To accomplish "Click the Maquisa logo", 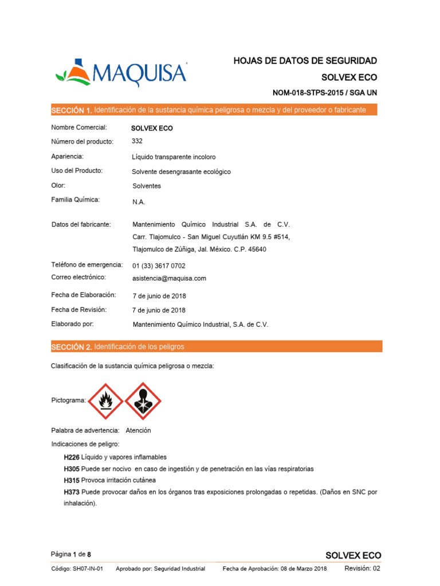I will (x=121, y=73).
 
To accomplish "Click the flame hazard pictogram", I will (x=105, y=401).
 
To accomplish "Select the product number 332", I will (x=137, y=141).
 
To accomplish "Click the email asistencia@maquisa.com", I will (x=169, y=278).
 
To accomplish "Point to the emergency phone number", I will (x=159, y=266).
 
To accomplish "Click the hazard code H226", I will (x=72, y=457).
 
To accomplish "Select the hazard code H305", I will (x=72, y=469).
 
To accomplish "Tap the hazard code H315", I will (x=72, y=480).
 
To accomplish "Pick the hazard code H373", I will (x=72, y=492).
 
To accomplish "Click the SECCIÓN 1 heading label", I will (x=71, y=110).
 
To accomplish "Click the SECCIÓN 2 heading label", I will (x=71, y=347).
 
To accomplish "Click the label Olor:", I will (x=58, y=185).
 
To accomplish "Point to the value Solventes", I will (x=147, y=186).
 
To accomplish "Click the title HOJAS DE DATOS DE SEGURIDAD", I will (x=305, y=61).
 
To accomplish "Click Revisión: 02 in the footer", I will (x=362, y=568).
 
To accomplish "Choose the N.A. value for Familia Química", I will (x=139, y=202).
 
